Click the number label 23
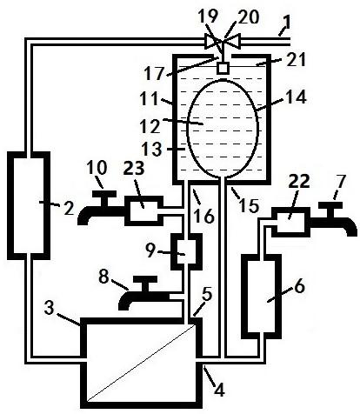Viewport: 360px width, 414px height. [x=134, y=169]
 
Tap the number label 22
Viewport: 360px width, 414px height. [x=299, y=182]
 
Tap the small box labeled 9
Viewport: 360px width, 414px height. [x=186, y=251]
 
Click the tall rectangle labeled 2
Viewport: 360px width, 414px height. [x=29, y=205]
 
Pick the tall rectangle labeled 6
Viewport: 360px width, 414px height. [x=262, y=297]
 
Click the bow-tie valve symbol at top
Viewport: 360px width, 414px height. [x=223, y=42]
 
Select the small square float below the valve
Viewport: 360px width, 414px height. [x=223, y=68]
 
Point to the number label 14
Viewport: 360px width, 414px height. [x=297, y=97]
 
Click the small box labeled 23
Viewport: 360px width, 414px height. [x=144, y=210]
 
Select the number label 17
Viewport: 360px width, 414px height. [x=155, y=73]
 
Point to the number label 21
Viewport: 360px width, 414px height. [x=297, y=60]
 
